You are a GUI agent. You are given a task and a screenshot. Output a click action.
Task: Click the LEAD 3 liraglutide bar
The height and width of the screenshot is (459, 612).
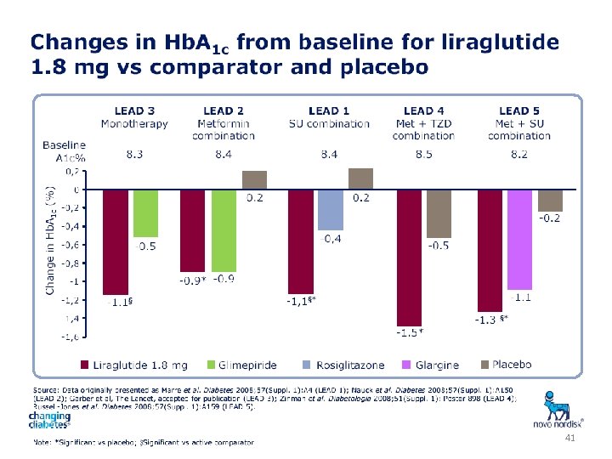click(116, 241)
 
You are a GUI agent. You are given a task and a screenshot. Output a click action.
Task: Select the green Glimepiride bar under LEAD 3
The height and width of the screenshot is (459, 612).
click(145, 212)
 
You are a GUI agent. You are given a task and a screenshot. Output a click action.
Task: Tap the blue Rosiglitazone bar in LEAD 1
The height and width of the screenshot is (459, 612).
click(330, 209)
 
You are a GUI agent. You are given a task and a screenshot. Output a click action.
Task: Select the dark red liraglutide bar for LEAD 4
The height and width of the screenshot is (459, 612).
click(409, 257)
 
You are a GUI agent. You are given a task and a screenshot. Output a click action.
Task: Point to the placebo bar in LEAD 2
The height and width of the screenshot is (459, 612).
click(254, 179)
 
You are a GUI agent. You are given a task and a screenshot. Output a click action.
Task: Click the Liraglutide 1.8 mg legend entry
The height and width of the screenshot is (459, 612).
click(133, 365)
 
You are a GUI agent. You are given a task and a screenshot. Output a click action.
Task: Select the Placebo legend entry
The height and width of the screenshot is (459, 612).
click(506, 365)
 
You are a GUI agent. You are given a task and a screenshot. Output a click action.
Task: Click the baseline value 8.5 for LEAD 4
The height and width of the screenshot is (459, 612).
click(423, 155)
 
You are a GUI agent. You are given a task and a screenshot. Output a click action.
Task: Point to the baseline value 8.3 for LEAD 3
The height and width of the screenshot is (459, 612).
click(133, 155)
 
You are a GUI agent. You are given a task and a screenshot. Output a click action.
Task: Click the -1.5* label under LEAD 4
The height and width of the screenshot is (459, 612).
click(410, 331)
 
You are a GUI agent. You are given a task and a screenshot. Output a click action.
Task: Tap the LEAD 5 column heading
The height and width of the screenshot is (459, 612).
click(519, 111)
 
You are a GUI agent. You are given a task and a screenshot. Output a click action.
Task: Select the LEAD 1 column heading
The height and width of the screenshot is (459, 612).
click(329, 111)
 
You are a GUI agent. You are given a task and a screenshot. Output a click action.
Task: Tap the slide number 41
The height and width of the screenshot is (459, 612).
click(570, 436)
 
